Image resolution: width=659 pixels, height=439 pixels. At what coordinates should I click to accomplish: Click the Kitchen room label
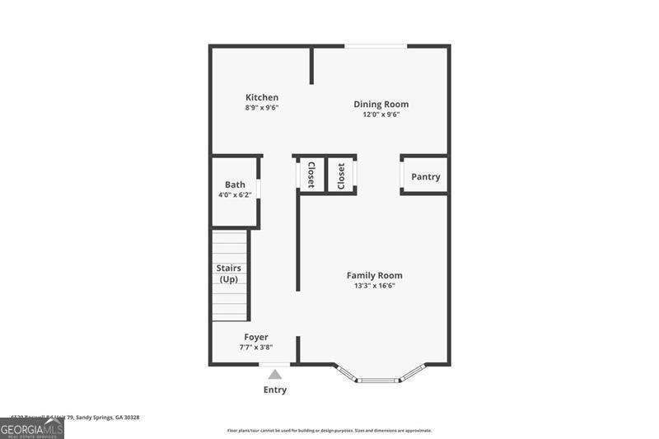coord(262,97)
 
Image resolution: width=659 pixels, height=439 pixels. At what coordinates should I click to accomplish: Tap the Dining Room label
coord(381,104)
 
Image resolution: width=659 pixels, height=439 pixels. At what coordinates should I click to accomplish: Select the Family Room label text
coord(374,275)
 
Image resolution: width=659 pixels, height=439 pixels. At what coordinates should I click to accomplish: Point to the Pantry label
coord(425,176)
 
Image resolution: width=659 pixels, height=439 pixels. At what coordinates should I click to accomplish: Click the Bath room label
coord(235,184)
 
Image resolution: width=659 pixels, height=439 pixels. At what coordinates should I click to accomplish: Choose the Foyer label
coord(255,337)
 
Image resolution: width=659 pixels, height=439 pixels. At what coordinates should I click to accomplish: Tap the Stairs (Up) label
coord(229,273)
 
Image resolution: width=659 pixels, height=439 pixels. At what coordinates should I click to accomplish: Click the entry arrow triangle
coord(274,374)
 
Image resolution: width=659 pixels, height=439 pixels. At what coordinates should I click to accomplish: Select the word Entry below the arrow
coord(275,390)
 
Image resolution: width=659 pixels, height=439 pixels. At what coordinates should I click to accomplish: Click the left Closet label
coord(311,175)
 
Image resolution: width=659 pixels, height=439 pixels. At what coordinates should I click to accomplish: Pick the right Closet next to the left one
coord(341,175)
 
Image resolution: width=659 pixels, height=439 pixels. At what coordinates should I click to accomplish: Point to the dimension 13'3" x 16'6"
coord(374,286)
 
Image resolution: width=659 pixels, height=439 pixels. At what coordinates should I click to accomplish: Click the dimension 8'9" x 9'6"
coord(262,108)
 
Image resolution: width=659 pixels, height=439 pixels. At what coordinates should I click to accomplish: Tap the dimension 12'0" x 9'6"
coord(381,114)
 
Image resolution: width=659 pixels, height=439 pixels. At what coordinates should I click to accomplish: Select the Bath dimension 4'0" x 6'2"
coord(235,195)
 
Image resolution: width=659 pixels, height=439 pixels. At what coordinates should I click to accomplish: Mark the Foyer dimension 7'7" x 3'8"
coord(255,348)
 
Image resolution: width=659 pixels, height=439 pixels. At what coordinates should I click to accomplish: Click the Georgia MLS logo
coord(32,428)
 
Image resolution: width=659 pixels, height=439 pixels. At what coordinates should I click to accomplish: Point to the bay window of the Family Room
coord(378,378)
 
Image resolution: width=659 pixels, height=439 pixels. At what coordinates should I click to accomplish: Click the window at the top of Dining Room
coord(376,46)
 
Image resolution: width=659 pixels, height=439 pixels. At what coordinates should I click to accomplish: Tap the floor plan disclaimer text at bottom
coord(329,430)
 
